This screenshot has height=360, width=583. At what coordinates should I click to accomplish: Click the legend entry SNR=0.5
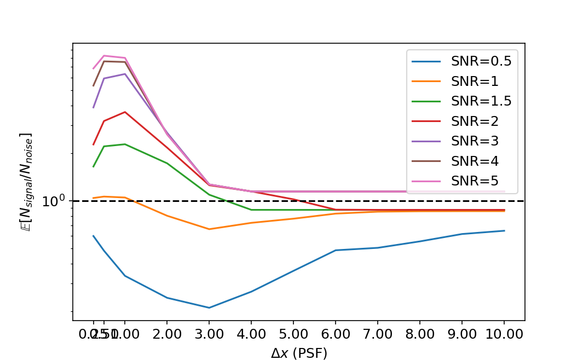pos(481,61)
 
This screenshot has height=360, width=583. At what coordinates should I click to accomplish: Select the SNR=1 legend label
pos(475,82)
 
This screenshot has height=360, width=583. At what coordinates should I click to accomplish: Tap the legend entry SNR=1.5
pos(481,101)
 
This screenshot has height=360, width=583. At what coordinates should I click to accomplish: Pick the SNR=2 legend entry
pos(475,121)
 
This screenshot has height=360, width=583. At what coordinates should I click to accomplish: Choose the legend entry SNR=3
pos(475,141)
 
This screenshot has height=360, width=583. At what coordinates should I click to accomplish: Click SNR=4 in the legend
pos(475,161)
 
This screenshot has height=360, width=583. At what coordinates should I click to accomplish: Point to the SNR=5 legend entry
pos(475,181)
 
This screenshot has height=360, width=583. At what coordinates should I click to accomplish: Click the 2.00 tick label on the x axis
pos(166,334)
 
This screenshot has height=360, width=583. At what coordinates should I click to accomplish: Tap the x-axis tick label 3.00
pos(209,334)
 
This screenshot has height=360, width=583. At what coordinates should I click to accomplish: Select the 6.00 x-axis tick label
pos(335,334)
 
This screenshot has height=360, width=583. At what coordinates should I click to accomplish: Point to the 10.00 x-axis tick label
pos(504,334)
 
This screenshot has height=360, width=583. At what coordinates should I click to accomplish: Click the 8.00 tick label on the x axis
pos(419,334)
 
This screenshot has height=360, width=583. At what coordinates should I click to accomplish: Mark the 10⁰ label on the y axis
pos(54,201)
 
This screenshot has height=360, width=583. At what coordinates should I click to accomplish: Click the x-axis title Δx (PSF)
pos(299,353)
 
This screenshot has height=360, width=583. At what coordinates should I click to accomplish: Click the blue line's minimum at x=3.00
pos(209,307)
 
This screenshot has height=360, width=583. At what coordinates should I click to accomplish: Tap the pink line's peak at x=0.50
pos(104,56)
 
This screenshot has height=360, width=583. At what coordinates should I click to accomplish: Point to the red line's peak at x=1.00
pos(125,112)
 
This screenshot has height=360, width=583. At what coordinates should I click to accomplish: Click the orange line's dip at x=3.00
pos(209,229)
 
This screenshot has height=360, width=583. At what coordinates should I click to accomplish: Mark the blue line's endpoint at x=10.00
pos(504,231)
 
